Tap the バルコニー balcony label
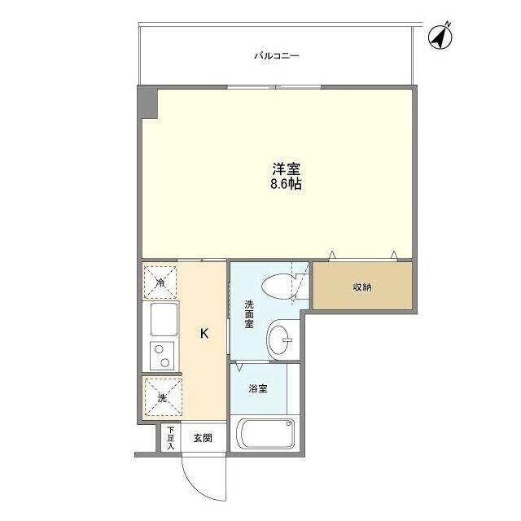[x=277, y=55]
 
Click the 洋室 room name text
[x=286, y=169]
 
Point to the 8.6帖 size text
[x=286, y=183]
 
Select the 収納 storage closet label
[x=362, y=287]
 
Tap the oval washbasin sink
[x=278, y=340]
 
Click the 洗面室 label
[x=249, y=314]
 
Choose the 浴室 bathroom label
[x=258, y=388]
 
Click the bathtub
[x=265, y=433]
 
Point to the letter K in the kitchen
[x=204, y=333]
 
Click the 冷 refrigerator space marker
[x=160, y=282]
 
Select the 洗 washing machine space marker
[x=163, y=397]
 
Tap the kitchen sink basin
[x=164, y=319]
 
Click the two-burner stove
[x=162, y=356]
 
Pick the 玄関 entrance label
[x=203, y=438]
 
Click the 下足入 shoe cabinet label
[x=170, y=438]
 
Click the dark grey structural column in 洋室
[x=147, y=102]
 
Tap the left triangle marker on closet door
[x=332, y=255]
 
